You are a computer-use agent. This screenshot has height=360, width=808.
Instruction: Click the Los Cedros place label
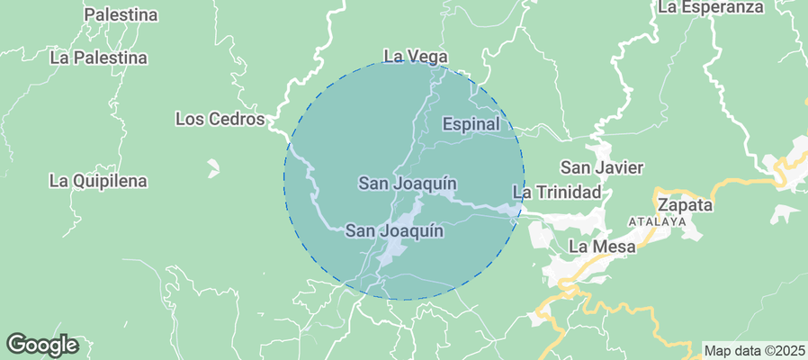tap(220, 119)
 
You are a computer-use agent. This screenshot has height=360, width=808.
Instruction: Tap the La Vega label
tap(415, 57)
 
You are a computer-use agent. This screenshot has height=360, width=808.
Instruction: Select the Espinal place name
tap(471, 124)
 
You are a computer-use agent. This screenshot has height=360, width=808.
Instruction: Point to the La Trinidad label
tap(556, 193)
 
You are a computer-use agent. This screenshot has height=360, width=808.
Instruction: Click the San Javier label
tap(601, 168)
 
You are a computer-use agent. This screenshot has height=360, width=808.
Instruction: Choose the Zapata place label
tap(685, 204)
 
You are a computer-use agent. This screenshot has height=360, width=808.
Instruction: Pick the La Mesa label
tap(602, 247)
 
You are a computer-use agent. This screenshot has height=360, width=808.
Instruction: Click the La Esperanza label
tap(710, 7)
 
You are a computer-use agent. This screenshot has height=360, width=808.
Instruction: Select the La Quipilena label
tap(98, 181)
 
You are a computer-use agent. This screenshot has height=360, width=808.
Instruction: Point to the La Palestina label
tap(98, 58)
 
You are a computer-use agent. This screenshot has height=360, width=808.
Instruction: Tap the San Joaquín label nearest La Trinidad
tap(408, 184)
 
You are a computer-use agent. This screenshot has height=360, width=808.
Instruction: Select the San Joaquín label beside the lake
tap(394, 231)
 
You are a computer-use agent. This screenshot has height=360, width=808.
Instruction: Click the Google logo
tap(42, 345)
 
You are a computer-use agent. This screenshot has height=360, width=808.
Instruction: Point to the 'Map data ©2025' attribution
tap(754, 350)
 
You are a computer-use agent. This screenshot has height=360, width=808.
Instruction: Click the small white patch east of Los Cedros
tap(213, 167)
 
